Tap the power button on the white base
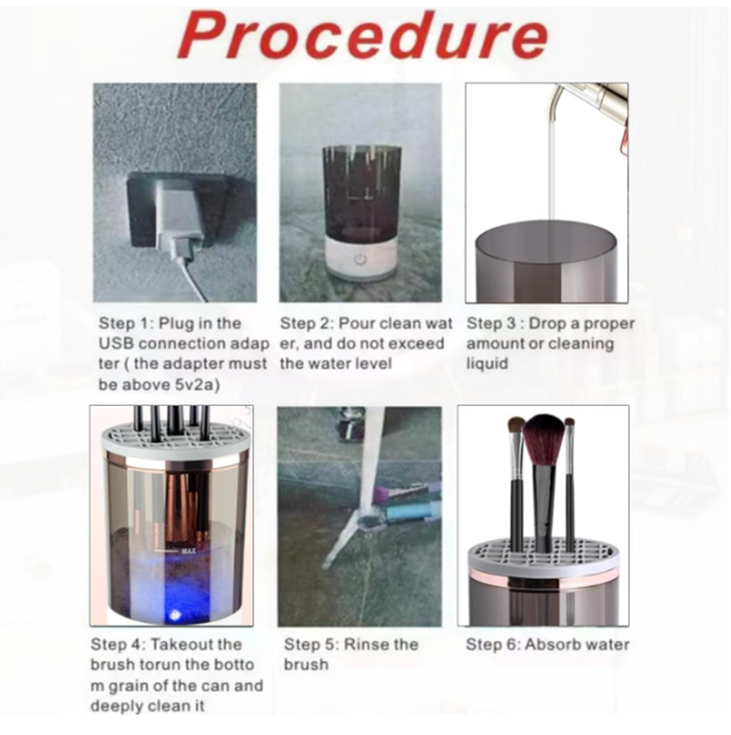360,259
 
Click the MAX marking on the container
188,551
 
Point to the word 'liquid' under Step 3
487,363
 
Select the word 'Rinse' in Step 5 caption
366,644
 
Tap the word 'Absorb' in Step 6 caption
552,644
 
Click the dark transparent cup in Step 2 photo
361,192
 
